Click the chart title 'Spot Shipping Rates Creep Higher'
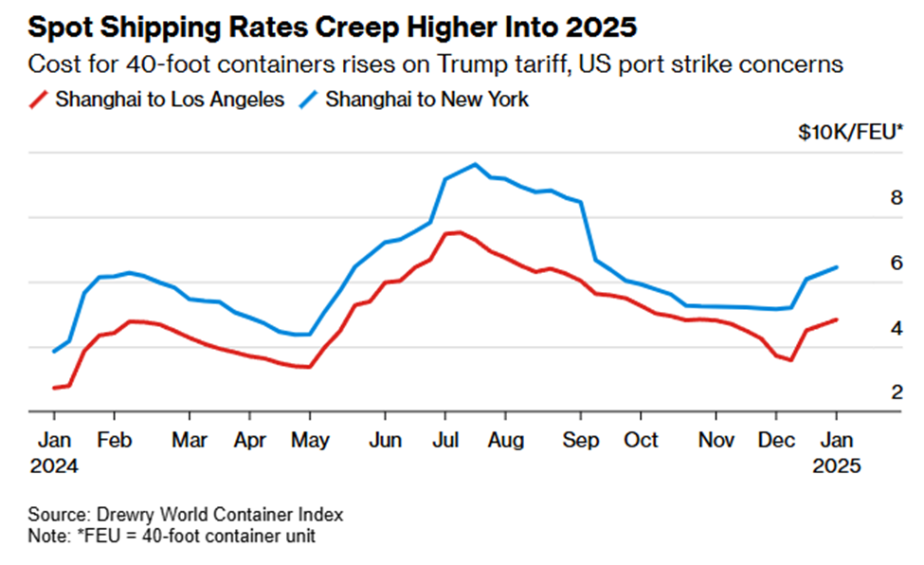(333, 27)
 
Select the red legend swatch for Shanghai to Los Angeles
(39, 100)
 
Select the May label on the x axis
(309, 441)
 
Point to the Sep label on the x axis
(581, 441)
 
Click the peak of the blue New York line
(475, 164)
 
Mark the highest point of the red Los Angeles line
(459, 232)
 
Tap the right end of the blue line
(836, 267)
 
